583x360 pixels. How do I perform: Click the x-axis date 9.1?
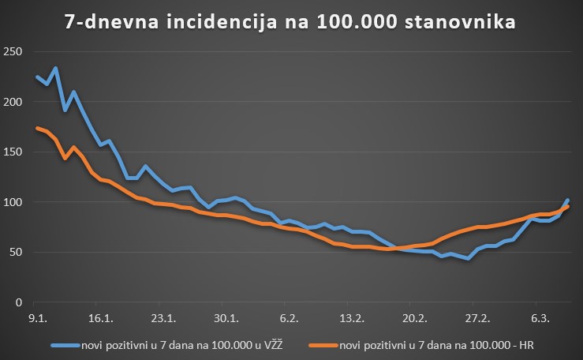tap(36, 319)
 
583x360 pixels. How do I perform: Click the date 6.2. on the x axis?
tap(289, 319)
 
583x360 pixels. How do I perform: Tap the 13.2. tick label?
tap(351, 319)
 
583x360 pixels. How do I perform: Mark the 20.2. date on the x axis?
tap(413, 319)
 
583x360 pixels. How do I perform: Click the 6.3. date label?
tap(541, 319)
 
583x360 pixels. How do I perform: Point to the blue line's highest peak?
tap(54, 69)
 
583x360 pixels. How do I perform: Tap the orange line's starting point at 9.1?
tap(37, 128)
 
